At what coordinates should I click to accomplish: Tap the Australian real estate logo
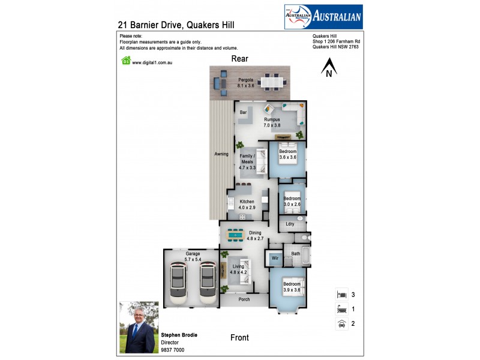[323, 17]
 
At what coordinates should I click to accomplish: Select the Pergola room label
[245, 83]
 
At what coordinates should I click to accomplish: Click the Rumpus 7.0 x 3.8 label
[272, 122]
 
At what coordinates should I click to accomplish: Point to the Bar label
[244, 112]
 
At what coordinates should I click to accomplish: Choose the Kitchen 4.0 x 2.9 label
[247, 205]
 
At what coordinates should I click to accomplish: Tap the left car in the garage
[179, 281]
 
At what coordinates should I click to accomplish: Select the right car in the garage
[207, 281]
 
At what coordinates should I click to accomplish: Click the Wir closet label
[275, 258]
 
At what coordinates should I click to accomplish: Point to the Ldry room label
[290, 224]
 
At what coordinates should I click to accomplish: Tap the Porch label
[244, 299]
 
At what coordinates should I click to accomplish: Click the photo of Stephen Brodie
[138, 327]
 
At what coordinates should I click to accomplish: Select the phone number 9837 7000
[173, 350]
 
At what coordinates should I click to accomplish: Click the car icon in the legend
[341, 324]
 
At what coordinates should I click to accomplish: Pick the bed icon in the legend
[341, 295]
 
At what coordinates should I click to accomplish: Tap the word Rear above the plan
[240, 59]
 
